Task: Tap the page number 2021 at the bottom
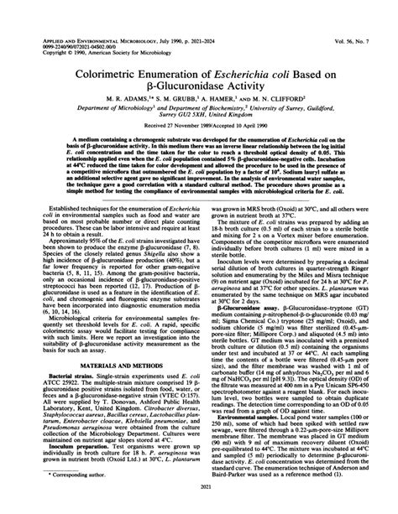(199, 506)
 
